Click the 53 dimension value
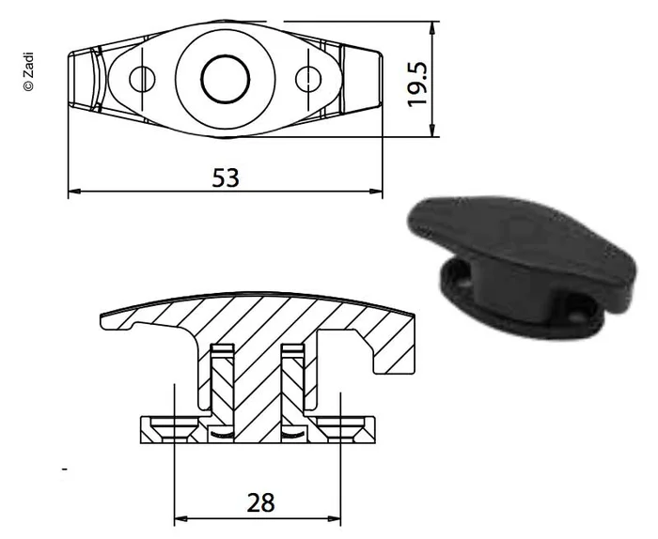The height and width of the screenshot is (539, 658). point(225,177)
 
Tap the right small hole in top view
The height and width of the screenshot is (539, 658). point(306,79)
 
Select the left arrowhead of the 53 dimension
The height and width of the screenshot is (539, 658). point(75,192)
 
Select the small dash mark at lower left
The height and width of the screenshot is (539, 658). point(64,467)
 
